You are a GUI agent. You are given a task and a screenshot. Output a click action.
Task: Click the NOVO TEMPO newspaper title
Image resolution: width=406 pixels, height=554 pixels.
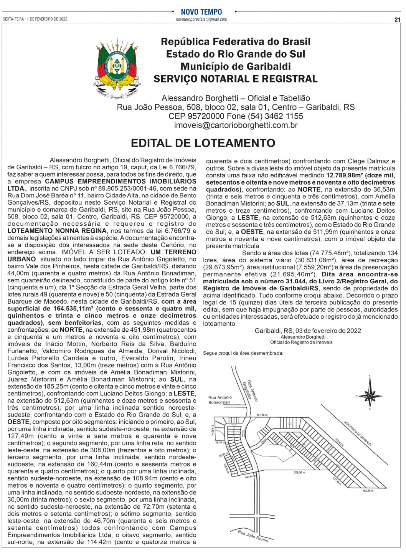click(x=201, y=12)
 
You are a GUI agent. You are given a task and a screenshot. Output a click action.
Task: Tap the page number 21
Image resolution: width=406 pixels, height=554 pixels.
click(x=397, y=20)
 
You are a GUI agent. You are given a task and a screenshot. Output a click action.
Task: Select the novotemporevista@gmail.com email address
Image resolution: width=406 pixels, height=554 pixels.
click(x=201, y=19)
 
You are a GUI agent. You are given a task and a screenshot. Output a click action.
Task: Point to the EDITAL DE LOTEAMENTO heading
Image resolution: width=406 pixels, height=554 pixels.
click(x=203, y=143)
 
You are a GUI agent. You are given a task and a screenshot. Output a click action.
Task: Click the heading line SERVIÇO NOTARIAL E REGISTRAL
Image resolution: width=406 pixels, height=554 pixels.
click(x=235, y=79)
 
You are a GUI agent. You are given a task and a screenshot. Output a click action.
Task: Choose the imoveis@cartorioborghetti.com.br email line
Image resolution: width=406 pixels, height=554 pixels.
click(x=236, y=125)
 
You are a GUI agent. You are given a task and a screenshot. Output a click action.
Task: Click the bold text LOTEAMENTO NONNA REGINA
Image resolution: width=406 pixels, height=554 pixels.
click(x=57, y=231)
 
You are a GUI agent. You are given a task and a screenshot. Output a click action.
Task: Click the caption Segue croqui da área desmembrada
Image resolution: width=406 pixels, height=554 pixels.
click(x=243, y=353)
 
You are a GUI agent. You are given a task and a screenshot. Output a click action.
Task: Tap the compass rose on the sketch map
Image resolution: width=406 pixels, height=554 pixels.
click(x=370, y=394)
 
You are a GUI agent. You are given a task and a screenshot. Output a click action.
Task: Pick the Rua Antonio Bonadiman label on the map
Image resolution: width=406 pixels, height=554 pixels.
click(x=220, y=400)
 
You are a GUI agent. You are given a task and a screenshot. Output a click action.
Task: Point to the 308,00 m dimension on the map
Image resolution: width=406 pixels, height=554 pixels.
click(x=299, y=473)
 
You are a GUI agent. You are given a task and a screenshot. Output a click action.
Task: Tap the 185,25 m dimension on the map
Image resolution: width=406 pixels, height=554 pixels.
click(x=367, y=491)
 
